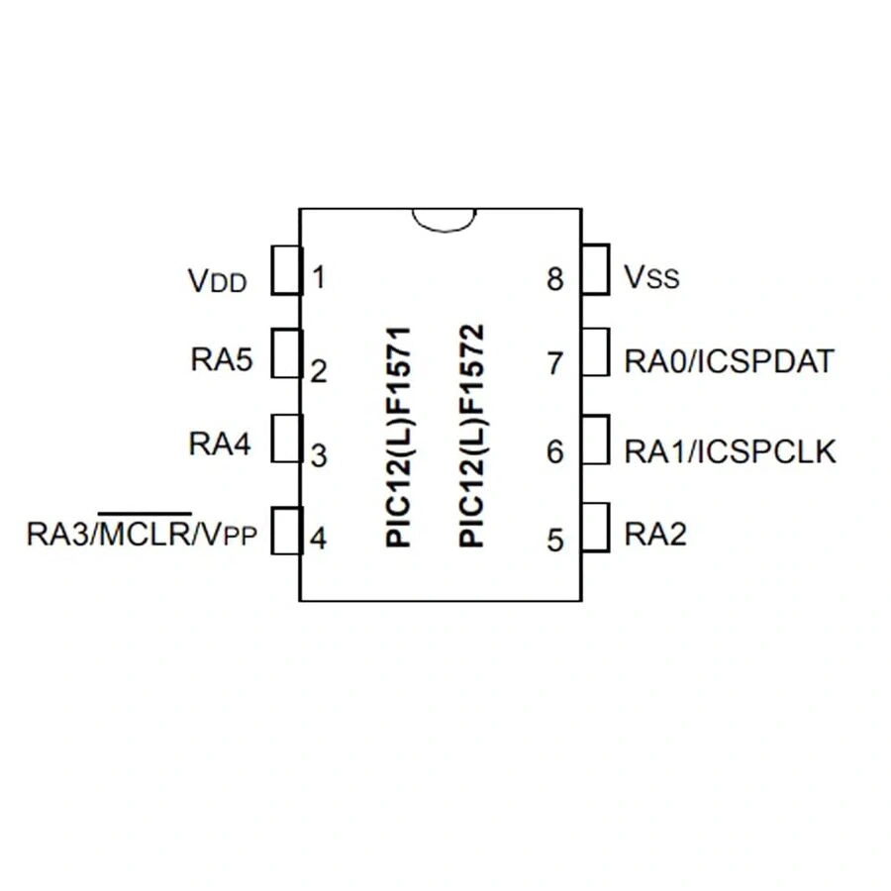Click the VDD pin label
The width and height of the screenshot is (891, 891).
click(x=216, y=281)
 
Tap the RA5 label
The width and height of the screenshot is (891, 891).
click(x=222, y=359)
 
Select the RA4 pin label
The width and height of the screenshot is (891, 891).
click(x=220, y=445)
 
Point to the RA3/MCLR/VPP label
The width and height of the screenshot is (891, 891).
click(x=142, y=535)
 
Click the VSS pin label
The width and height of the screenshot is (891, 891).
click(x=651, y=277)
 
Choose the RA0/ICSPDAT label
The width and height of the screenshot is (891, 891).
click(x=729, y=361)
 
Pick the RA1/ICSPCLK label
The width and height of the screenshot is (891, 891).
click(x=731, y=451)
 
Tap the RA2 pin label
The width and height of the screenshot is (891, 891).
click(x=655, y=535)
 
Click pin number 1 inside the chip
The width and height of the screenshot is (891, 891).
click(x=318, y=277)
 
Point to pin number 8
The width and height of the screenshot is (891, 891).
click(x=554, y=279)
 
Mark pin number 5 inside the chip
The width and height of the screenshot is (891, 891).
click(x=554, y=541)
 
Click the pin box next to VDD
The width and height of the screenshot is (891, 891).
click(x=285, y=270)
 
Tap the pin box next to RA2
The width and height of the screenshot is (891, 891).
click(x=595, y=528)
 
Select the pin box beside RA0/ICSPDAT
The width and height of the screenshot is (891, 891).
click(x=595, y=353)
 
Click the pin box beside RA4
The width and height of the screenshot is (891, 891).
click(x=285, y=439)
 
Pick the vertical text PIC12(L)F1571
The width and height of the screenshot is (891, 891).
click(x=399, y=436)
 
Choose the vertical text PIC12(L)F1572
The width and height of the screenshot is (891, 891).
click(x=472, y=436)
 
